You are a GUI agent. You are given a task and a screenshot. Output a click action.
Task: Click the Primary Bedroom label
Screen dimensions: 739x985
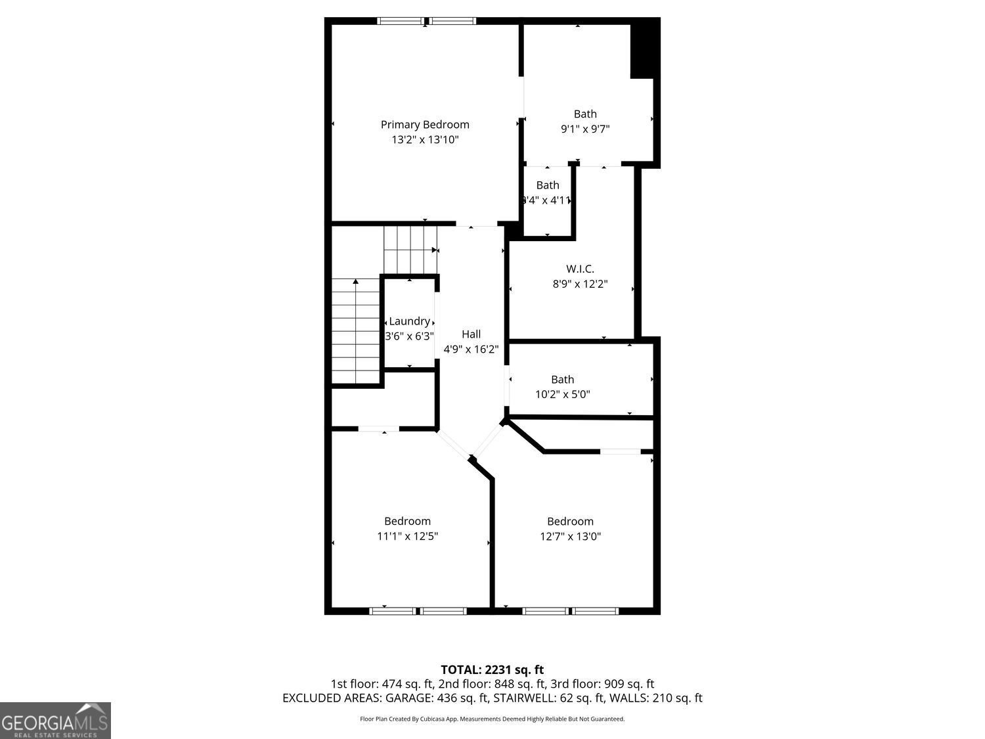pyautogui.click(x=425, y=124)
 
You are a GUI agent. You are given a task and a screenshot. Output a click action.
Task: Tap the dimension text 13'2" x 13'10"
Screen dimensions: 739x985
pyautogui.click(x=425, y=139)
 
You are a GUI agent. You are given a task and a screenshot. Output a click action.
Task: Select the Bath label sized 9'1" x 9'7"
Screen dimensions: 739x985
pyautogui.click(x=585, y=114)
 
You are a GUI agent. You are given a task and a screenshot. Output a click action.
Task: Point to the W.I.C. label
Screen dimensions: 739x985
pyautogui.click(x=580, y=269)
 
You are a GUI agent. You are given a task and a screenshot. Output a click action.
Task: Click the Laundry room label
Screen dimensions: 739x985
pyautogui.click(x=409, y=321)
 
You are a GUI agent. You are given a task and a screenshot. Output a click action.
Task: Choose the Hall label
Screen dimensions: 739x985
pyautogui.click(x=471, y=334)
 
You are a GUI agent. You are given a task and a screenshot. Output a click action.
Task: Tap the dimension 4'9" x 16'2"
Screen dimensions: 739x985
pyautogui.click(x=471, y=349)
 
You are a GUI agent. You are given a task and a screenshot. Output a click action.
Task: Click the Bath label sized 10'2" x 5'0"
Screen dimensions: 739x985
pyautogui.click(x=562, y=379)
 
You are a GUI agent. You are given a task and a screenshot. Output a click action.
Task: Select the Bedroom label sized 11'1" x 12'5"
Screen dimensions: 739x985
pyautogui.click(x=407, y=521)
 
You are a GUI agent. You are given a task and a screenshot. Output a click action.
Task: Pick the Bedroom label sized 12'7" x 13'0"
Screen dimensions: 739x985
pyautogui.click(x=570, y=521)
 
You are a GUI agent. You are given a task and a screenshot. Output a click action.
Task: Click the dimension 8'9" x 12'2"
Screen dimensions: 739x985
pyautogui.click(x=580, y=284)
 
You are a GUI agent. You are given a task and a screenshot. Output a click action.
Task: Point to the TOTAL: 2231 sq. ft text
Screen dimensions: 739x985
pyautogui.click(x=492, y=669)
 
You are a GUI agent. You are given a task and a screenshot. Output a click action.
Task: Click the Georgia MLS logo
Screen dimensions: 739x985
pyautogui.click(x=55, y=721)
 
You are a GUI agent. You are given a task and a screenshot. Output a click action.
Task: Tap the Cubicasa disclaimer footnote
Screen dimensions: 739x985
pyautogui.click(x=492, y=719)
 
